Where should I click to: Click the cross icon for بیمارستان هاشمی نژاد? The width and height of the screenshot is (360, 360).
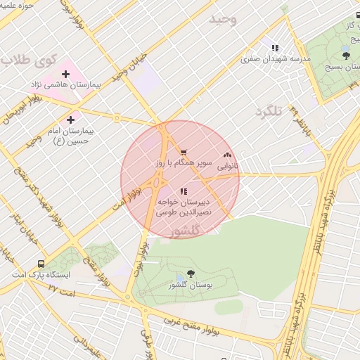tap(66, 74)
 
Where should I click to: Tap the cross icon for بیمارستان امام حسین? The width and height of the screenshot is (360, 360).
tap(70, 120)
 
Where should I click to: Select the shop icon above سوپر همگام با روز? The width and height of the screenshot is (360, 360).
tap(183, 153)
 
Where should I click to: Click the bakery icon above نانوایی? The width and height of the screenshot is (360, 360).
tap(226, 155)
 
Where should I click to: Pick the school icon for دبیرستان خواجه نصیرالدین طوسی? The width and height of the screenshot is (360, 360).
tap(183, 191)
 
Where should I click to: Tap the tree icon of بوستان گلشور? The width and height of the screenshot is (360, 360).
tap(191, 274)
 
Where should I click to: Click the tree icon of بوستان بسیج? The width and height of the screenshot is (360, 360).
tap(345, 55)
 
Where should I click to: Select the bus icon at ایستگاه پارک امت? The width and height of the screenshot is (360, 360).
tap(41, 264)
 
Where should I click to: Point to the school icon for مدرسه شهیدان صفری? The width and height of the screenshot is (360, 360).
tap(275, 49)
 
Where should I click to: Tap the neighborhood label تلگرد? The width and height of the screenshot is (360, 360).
tap(268, 112)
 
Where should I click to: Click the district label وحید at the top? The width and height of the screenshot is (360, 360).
tap(223, 19)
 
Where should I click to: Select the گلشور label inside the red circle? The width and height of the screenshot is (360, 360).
tap(186, 231)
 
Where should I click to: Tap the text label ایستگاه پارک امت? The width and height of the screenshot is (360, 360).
tap(45, 275)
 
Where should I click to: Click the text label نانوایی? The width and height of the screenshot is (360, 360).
tap(227, 167)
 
